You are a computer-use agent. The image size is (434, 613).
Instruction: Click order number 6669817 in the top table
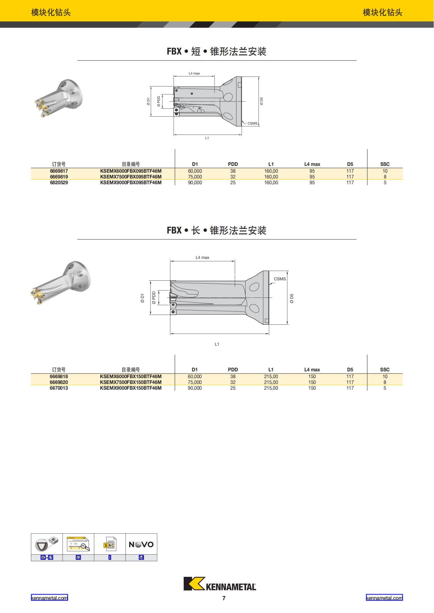59,171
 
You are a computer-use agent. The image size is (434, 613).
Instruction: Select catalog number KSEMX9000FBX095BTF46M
131,182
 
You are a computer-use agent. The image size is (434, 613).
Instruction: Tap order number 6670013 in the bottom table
59,388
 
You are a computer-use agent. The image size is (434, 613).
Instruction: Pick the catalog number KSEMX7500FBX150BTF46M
131,382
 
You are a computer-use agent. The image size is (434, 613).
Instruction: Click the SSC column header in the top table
385,164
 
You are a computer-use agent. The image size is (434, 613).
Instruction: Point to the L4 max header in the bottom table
312,370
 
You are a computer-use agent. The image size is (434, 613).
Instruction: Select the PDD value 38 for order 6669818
233,376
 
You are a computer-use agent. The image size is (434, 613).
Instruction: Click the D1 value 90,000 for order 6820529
195,182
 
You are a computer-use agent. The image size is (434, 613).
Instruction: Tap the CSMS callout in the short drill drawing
252,123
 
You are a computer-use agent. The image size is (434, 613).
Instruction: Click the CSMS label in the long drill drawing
280,279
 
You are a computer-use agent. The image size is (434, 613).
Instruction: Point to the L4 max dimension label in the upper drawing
194,73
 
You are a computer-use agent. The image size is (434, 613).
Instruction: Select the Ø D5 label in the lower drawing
292,298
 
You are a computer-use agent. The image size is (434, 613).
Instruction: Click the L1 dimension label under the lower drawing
217,344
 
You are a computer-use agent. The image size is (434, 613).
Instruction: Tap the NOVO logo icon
141,544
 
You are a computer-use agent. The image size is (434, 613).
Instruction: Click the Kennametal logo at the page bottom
220,584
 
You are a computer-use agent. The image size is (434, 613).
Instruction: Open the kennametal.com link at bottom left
49,598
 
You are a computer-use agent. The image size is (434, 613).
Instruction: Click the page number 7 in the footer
224,598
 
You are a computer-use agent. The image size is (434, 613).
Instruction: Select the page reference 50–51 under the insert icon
47,557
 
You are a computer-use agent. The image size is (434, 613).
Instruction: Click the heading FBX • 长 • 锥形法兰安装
217,230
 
